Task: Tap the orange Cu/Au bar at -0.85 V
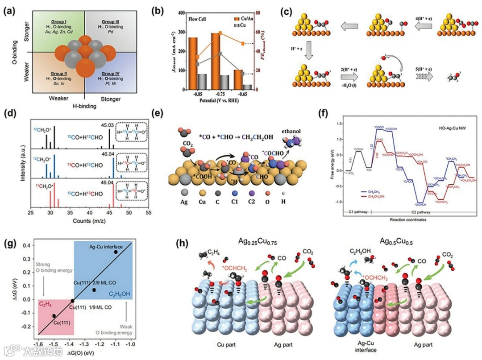point(193,63)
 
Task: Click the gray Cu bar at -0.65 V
point(247,87)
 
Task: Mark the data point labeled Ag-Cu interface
point(116,252)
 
